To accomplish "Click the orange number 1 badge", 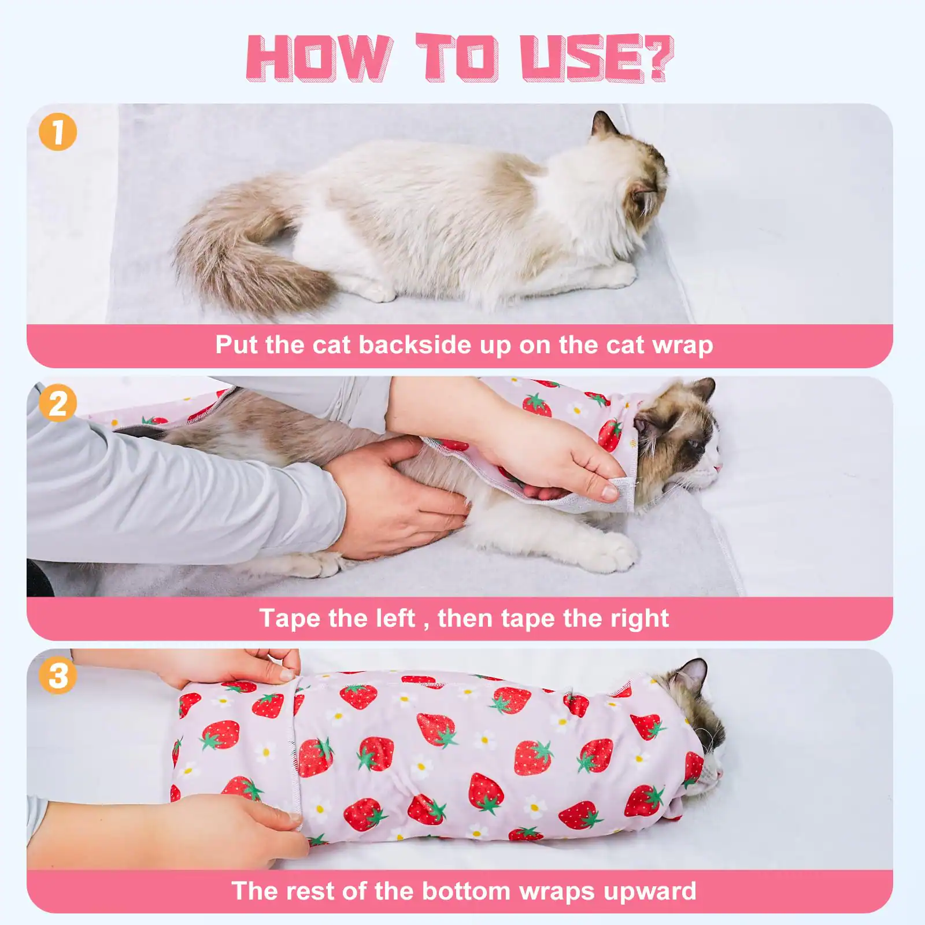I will [58, 132].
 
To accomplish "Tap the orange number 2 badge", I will [58, 403].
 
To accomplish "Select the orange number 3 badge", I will [58, 675].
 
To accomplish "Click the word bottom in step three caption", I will [466, 891].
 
